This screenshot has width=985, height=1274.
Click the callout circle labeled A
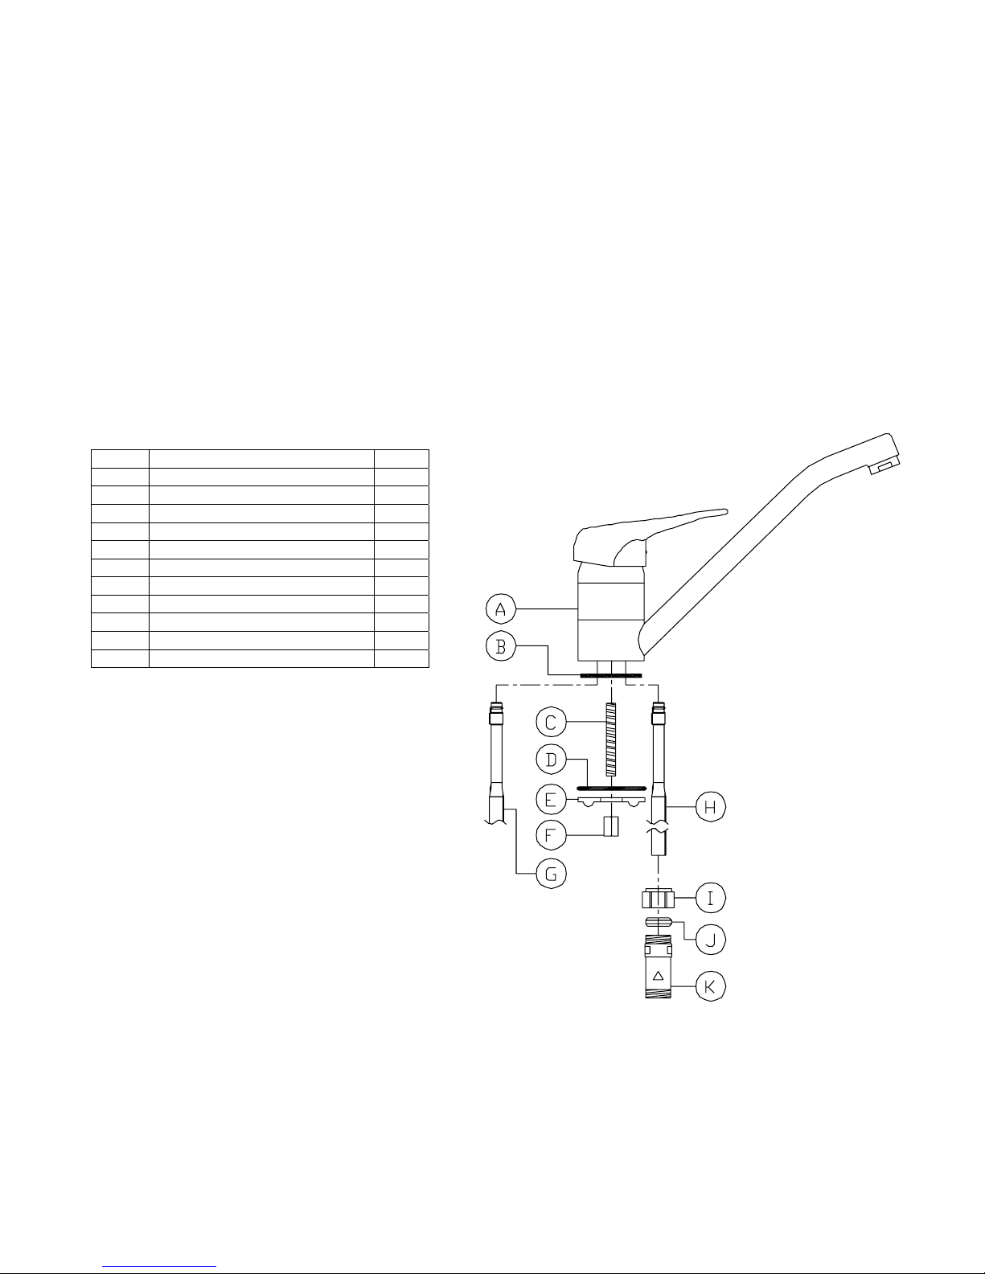click(501, 608)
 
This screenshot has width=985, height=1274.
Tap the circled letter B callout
click(501, 646)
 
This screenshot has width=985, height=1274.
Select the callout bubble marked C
click(551, 722)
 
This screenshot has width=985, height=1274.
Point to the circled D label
click(551, 760)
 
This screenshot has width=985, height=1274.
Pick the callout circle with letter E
click(551, 799)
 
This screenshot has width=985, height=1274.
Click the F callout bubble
click(551, 834)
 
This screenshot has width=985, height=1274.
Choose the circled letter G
click(551, 873)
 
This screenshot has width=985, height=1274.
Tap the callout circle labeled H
click(711, 807)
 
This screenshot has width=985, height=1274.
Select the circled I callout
click(711, 898)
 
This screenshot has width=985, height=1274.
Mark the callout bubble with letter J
click(711, 939)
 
